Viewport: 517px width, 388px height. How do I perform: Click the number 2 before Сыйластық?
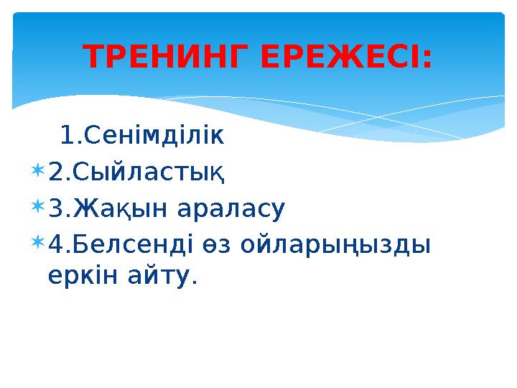pyautogui.click(x=55, y=172)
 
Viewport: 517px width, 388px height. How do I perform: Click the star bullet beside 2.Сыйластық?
pyautogui.click(x=37, y=171)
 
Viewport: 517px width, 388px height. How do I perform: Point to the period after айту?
pyautogui.click(x=192, y=282)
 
